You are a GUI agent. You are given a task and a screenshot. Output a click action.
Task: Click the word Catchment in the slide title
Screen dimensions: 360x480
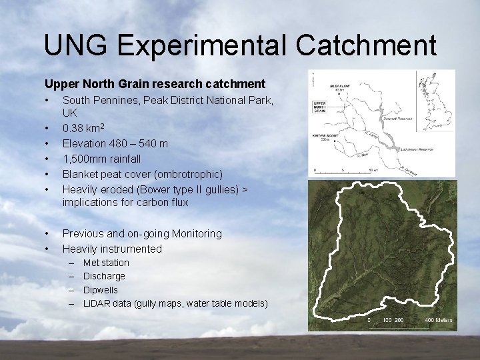[367, 45]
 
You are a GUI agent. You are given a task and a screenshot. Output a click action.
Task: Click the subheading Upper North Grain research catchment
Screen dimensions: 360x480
[155, 84]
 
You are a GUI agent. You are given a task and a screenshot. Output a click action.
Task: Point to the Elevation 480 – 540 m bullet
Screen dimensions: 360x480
[115, 143]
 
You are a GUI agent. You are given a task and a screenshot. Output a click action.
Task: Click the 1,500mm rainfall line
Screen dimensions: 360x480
[101, 159]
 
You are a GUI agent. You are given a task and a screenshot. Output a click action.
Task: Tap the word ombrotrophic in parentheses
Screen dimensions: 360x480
[189, 174]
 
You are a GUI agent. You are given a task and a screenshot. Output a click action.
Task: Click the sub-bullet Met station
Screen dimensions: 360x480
[106, 263]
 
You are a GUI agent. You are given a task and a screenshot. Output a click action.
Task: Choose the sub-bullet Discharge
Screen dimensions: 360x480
[104, 276]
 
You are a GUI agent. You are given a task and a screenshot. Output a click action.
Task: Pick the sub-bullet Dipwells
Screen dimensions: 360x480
[100, 290]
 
